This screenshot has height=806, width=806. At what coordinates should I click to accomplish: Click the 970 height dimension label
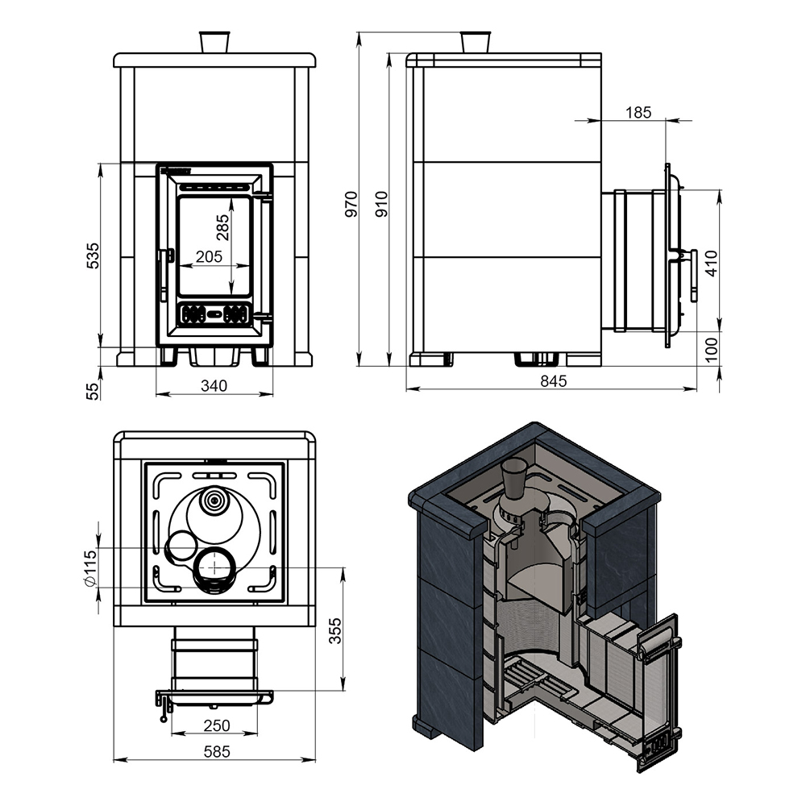click(x=351, y=204)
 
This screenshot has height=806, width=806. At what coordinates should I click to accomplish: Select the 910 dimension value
click(x=382, y=204)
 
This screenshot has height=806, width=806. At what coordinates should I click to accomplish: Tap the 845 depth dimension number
click(x=553, y=381)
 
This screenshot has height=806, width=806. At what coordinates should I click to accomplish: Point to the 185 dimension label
click(x=639, y=112)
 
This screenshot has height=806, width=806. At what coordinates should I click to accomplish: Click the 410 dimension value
click(x=712, y=264)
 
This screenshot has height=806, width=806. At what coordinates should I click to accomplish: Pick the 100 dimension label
click(x=712, y=350)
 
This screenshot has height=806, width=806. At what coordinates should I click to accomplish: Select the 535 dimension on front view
click(x=93, y=256)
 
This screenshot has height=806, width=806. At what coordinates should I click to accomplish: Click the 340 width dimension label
click(x=214, y=385)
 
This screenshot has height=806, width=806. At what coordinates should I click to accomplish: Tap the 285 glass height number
click(x=223, y=227)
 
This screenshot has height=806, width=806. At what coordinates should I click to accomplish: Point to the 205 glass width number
click(x=209, y=256)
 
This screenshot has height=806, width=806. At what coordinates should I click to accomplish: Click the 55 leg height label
click(x=93, y=392)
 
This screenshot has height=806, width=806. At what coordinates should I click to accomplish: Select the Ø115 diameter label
click(x=89, y=568)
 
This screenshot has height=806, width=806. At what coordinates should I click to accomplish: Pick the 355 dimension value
click(x=335, y=630)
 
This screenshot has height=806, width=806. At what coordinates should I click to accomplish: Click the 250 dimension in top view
click(x=216, y=725)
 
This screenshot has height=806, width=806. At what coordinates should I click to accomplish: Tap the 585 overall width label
click(x=216, y=751)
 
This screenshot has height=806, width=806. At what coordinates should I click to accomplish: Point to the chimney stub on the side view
click(x=476, y=42)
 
